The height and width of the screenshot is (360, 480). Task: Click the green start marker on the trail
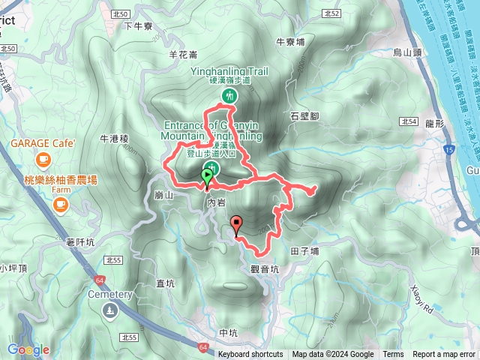[207, 177]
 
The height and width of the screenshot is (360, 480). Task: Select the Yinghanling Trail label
[229, 73]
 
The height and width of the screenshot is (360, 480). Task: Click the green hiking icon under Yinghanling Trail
[229, 95]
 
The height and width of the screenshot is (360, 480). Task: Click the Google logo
[28, 349]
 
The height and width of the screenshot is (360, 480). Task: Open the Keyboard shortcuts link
[250, 355]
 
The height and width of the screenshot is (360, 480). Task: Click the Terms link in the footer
[393, 355]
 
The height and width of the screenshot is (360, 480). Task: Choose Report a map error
[445, 355]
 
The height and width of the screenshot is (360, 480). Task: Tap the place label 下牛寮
[138, 25]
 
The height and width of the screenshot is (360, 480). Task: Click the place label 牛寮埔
[290, 42]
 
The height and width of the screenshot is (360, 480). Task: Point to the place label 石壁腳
[304, 115]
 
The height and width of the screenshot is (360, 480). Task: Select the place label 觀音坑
[265, 268]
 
